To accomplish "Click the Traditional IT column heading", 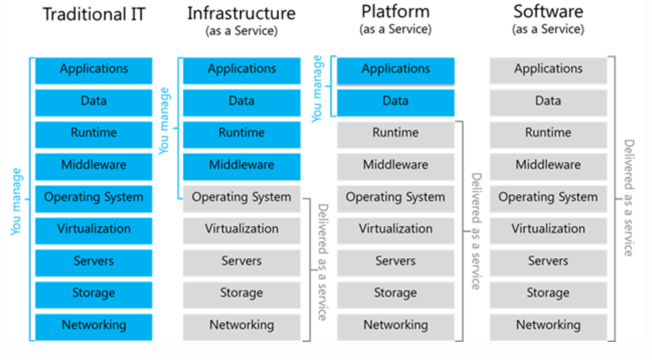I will point(93,15).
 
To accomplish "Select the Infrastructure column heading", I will point(241,13).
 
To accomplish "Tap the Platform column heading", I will point(395,11).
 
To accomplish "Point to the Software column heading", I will point(548,11).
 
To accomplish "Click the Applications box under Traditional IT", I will point(94,69).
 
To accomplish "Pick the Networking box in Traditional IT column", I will point(94,326).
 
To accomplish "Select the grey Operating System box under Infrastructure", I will point(241,198).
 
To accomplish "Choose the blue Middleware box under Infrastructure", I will point(241,166).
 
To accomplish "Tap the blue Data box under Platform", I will point(395,101).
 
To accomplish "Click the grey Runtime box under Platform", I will point(395,133).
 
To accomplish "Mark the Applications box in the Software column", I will point(548,69).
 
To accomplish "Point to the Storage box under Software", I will point(548,294).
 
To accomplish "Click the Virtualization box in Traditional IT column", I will point(94,229).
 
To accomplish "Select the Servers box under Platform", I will point(395,261).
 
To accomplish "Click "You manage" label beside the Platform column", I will point(317,88).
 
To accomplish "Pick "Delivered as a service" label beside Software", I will point(629,198).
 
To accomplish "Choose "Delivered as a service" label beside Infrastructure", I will point(322,261).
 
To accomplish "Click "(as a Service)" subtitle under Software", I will point(548,29).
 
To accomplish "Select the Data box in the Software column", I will point(548,101).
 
